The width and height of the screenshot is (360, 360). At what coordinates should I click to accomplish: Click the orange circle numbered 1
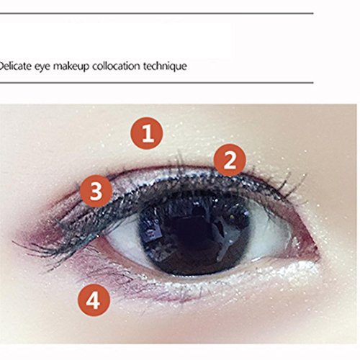pyautogui.click(x=147, y=133)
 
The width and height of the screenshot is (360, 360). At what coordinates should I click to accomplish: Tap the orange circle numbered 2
pyautogui.click(x=230, y=160)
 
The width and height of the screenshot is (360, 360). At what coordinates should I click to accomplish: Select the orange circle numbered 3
pyautogui.click(x=96, y=191)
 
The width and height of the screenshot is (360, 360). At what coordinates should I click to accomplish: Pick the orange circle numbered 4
pyautogui.click(x=94, y=300)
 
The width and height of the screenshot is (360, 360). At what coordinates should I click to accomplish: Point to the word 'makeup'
pyautogui.click(x=71, y=66)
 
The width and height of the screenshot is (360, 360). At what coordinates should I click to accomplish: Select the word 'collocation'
pyautogui.click(x=116, y=66)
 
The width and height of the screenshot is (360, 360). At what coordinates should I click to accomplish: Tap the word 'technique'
pyautogui.click(x=165, y=66)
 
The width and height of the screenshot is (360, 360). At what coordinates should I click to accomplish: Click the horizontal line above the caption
pyautogui.click(x=157, y=14)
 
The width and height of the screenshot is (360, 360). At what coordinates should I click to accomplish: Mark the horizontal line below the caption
pyautogui.click(x=157, y=83)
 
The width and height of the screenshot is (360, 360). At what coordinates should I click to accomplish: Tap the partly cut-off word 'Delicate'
pyautogui.click(x=16, y=66)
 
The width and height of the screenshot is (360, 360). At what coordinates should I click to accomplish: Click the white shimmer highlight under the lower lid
pyautogui.click(x=240, y=276)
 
